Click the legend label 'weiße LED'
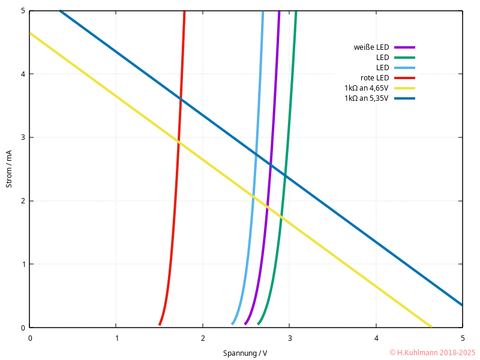coord(371,47)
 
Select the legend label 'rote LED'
coord(374,78)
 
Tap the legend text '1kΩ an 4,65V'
coord(367,88)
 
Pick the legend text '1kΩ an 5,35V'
coord(367,98)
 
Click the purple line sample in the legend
coord(405,47)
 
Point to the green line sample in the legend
coord(405,58)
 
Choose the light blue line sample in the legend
coord(405,68)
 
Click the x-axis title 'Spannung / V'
coord(245,353)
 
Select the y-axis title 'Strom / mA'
coord(9,169)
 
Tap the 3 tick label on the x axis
coord(290,338)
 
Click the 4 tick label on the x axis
coord(376,338)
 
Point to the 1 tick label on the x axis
coord(116,338)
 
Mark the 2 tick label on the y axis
coord(23,201)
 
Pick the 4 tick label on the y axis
coord(23,74)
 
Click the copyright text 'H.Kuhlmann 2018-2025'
coord(433,353)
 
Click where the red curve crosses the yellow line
coord(178,142)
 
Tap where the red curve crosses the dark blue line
coord(181,99)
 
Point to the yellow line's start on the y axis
coord(30,32)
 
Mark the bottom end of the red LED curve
coord(160,325)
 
